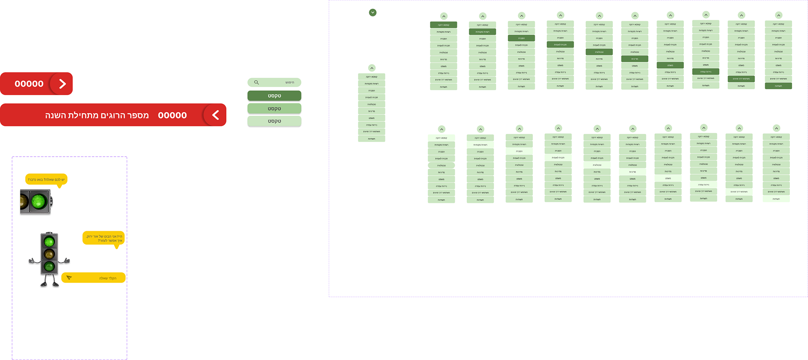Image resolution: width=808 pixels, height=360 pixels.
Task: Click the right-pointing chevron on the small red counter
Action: [62, 84]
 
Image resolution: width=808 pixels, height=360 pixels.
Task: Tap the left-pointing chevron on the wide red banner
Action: [215, 115]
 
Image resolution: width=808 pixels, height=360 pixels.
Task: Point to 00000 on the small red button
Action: [29, 84]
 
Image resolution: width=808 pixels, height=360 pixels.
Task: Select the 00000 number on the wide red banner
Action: [172, 115]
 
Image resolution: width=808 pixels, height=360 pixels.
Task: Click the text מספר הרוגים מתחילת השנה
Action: [97, 115]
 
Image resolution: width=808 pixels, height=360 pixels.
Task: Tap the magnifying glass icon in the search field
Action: [256, 83]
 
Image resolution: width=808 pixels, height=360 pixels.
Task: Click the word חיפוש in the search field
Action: [290, 83]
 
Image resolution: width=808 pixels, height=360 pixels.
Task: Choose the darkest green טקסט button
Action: [274, 96]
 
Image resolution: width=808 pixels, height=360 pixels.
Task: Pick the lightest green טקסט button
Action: [274, 121]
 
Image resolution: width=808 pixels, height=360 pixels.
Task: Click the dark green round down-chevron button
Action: [372, 12]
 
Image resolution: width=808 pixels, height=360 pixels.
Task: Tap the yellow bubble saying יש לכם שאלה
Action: [46, 179]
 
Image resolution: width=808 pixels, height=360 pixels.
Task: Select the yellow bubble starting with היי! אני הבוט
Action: [104, 238]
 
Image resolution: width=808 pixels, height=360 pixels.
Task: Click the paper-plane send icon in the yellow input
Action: [69, 278]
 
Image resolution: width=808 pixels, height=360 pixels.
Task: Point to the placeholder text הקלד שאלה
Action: [108, 278]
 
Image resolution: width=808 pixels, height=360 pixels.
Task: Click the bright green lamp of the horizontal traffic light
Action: [39, 201]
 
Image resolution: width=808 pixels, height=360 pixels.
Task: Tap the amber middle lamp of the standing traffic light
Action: [49, 254]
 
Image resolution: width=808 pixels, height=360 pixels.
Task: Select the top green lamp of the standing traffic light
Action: [49, 242]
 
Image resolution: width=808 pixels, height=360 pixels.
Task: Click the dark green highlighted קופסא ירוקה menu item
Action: [444, 25]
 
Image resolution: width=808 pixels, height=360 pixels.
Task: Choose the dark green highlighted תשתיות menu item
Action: [778, 86]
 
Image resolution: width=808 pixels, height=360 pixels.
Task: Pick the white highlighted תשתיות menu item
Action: [776, 199]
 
